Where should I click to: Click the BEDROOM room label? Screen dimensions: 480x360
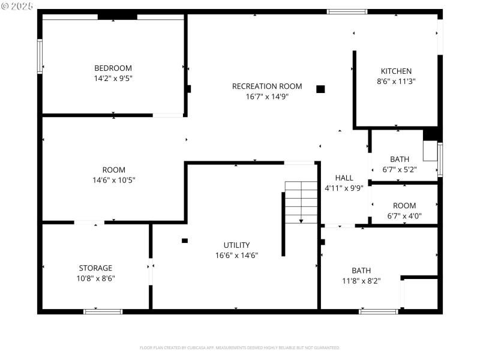pos(113,68)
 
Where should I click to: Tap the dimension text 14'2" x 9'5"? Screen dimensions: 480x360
pos(113,78)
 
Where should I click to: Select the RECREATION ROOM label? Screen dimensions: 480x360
pos(267,86)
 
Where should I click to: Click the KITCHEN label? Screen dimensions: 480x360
pos(396,71)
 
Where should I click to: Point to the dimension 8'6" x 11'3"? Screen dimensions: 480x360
pos(396,81)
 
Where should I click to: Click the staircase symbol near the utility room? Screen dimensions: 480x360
pos(301,202)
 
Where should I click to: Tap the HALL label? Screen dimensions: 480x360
pos(344,178)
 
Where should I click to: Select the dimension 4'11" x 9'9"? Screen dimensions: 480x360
pos(344,188)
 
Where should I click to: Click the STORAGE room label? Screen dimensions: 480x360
pos(95,268)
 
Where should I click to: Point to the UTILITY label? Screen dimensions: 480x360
pos(236,245)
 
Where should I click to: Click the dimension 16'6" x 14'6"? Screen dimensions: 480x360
pos(236,255)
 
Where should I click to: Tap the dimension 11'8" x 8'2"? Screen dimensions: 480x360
pos(361,280)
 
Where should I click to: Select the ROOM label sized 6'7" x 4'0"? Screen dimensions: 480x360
pos(404,206)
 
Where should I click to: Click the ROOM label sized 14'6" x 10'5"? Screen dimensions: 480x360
pos(113,170)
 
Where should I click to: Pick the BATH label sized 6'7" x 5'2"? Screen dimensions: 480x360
pos(400,159)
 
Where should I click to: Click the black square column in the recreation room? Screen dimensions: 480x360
pos(320,89)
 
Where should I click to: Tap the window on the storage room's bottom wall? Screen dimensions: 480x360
pos(103,311)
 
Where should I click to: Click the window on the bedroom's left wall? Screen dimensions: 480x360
pos(40,56)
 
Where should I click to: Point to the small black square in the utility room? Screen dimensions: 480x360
pos(185,241)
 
